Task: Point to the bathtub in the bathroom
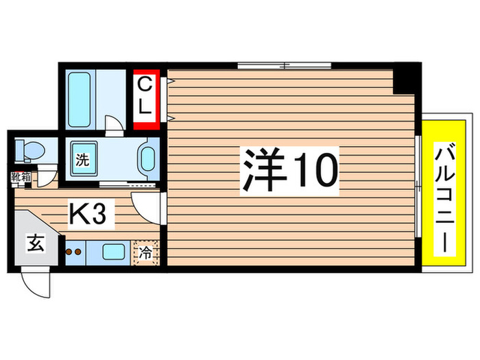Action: click(x=82, y=98)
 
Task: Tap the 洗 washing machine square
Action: click(x=82, y=162)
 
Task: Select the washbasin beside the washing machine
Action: click(x=147, y=160)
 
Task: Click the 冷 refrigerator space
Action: click(x=146, y=252)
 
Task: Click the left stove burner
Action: click(x=69, y=252)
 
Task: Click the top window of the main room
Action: click(x=285, y=66)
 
